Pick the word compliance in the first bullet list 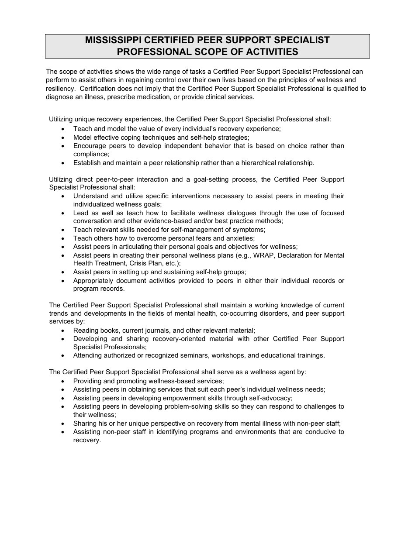click(x=90, y=154)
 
